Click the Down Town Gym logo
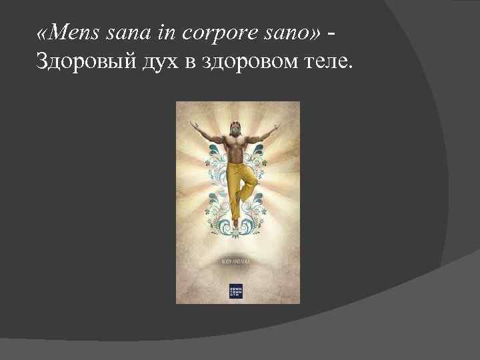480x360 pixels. (x=235, y=291)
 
